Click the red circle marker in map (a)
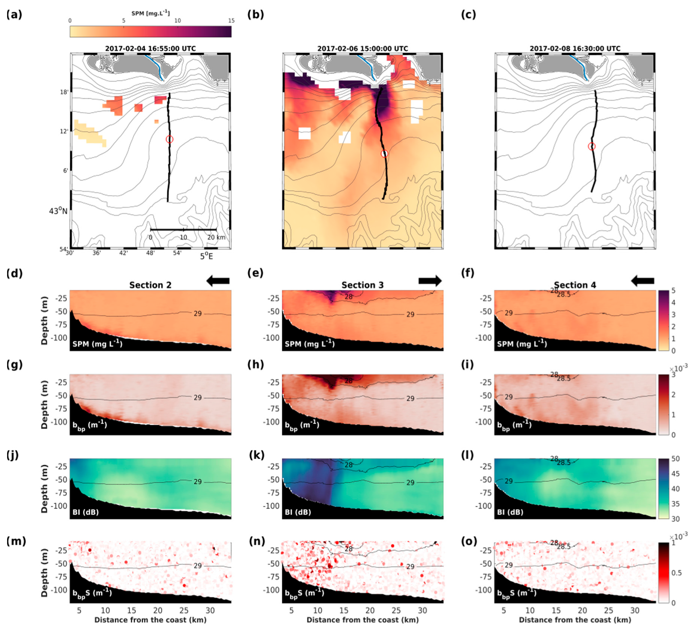169,139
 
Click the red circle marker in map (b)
384,154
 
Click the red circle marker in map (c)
591,146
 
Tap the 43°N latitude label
58,211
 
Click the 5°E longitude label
206,256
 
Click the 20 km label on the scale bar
216,237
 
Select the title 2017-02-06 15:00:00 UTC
362,49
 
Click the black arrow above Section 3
430,281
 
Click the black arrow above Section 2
218,281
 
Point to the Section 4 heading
575,285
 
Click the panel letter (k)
256,455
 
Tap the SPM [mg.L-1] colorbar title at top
150,13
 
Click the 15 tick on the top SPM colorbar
231,21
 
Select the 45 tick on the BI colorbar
675,474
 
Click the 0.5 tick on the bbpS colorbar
676,573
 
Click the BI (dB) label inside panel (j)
86,512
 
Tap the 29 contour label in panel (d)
197,313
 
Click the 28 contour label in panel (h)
348,381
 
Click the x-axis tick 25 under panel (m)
184,610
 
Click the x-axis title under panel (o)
575,620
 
